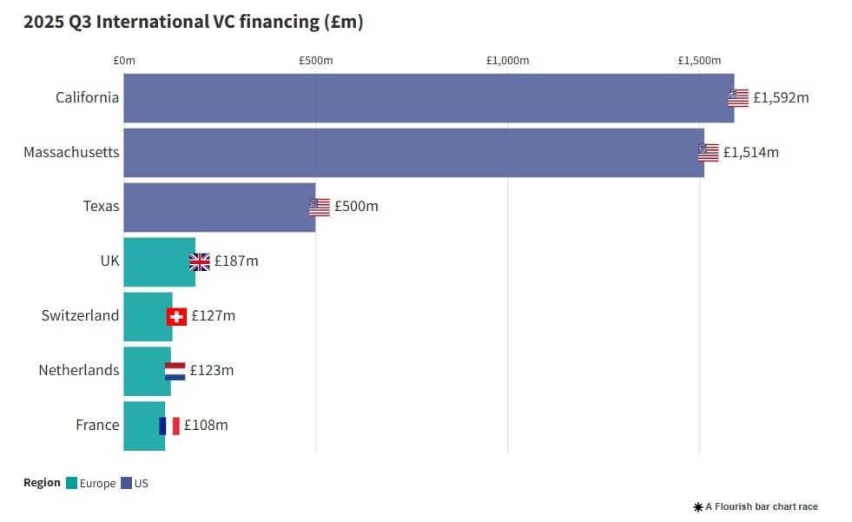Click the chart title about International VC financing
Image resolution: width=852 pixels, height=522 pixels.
click(x=193, y=23)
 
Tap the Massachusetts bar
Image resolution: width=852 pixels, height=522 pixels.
click(x=413, y=152)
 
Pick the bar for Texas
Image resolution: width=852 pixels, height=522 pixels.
click(x=219, y=207)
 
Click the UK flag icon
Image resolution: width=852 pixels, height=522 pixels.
click(x=200, y=261)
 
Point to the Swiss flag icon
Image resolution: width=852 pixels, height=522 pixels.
click(x=177, y=316)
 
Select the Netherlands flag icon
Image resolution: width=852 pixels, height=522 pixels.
click(x=175, y=371)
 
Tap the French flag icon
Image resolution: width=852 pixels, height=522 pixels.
click(x=169, y=426)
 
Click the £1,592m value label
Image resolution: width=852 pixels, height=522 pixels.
click(x=781, y=97)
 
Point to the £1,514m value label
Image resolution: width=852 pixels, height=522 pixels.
click(x=751, y=152)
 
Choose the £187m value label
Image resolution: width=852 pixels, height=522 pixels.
click(x=236, y=261)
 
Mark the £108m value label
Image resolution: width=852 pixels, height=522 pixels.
click(x=206, y=426)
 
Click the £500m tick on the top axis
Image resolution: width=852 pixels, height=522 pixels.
click(x=316, y=60)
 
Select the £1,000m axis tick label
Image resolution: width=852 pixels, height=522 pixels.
click(x=508, y=60)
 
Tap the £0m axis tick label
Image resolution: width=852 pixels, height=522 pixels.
click(x=124, y=60)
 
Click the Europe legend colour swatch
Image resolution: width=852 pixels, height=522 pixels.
click(x=71, y=483)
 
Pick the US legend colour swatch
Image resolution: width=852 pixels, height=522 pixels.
click(x=126, y=483)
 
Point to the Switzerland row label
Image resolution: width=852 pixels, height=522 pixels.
click(x=80, y=316)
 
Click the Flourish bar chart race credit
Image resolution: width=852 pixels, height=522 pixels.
click(x=756, y=506)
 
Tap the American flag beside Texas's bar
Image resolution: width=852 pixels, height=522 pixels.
click(x=320, y=207)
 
